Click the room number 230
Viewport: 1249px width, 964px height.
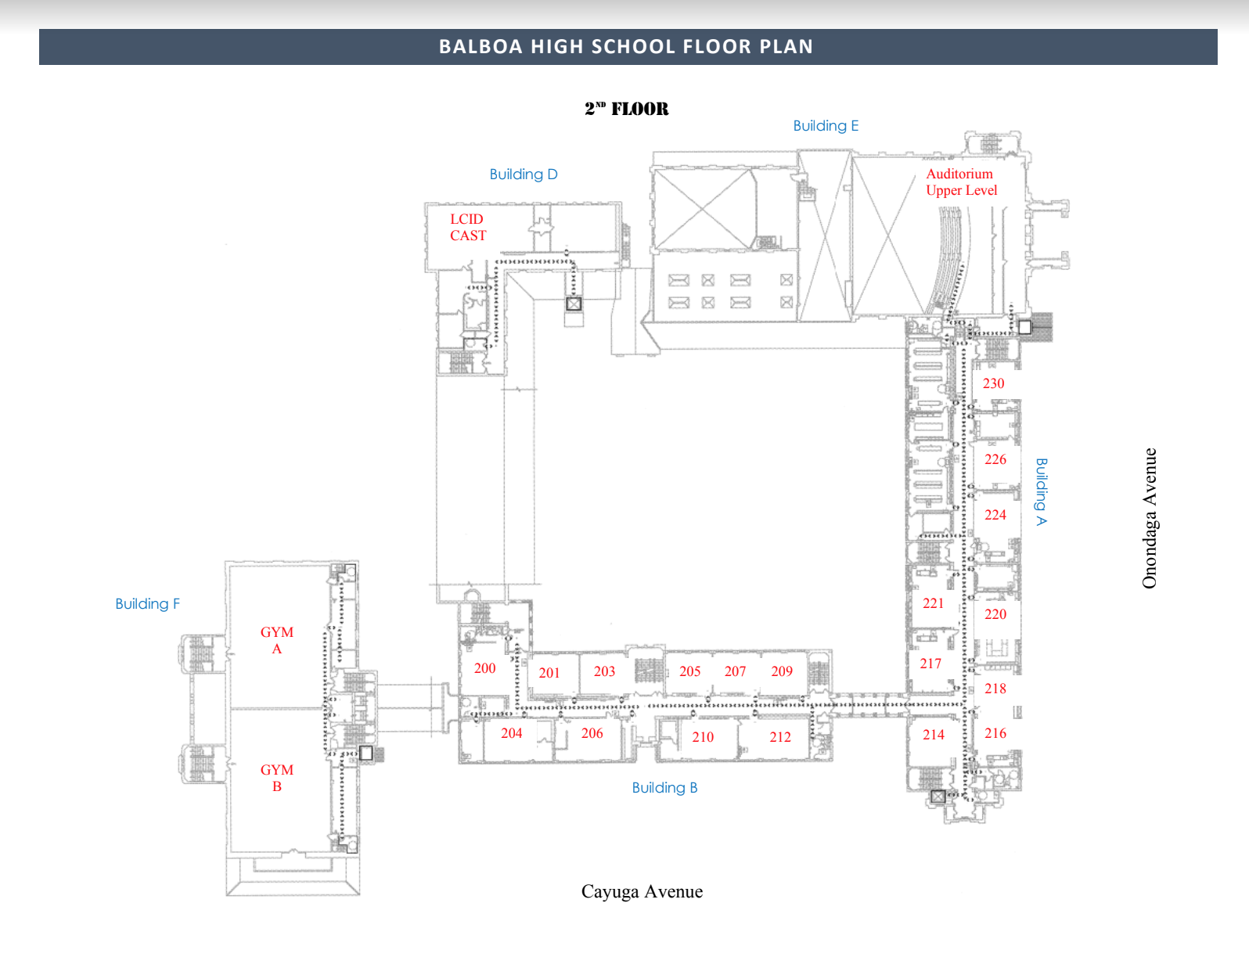[x=993, y=383]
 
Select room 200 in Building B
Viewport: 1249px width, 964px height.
[x=484, y=668]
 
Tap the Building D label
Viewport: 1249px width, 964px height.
[x=524, y=174]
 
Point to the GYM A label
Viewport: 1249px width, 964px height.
[x=277, y=640]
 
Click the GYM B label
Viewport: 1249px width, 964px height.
[x=277, y=778]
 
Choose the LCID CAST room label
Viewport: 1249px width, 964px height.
[x=468, y=227]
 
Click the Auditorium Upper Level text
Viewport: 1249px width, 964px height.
[x=961, y=182]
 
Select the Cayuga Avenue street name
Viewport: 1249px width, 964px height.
[x=642, y=892]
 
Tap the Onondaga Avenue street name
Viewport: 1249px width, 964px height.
[x=1149, y=518]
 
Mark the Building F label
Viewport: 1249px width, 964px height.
[x=147, y=604]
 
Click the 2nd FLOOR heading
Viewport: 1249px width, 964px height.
[x=626, y=109]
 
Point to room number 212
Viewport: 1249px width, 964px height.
[x=780, y=737]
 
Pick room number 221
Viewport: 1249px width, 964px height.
[x=933, y=603]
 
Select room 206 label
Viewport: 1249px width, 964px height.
[x=592, y=733]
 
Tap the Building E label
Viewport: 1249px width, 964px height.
[x=826, y=126]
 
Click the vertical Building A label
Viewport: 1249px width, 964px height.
[x=1041, y=491]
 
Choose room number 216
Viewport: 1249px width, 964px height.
[x=995, y=733]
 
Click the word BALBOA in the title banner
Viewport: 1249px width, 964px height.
[x=481, y=47]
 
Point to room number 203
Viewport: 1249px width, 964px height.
[x=604, y=671]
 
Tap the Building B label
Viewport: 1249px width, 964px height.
[x=664, y=788]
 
